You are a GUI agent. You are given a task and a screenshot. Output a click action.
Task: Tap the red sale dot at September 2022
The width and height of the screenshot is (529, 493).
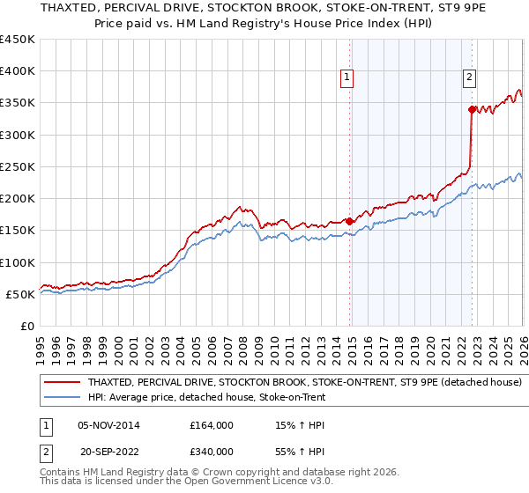(x=473, y=109)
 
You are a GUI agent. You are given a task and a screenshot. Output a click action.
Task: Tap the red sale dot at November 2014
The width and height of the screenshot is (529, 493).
(x=350, y=221)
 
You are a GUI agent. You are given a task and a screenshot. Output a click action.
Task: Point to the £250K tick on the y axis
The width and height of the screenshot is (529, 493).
(x=18, y=166)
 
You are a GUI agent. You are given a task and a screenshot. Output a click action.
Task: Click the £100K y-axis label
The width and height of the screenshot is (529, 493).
(x=18, y=262)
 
